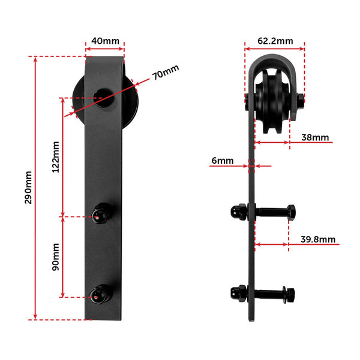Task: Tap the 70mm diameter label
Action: coord(166,74)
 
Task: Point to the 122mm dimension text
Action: coord(55,157)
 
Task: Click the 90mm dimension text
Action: coord(55,256)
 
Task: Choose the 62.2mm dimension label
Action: coord(275,41)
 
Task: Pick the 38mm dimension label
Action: coord(315,137)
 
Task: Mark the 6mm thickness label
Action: coord(222,160)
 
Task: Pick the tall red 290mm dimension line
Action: coord(36,187)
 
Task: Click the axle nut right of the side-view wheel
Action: coord(299,100)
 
